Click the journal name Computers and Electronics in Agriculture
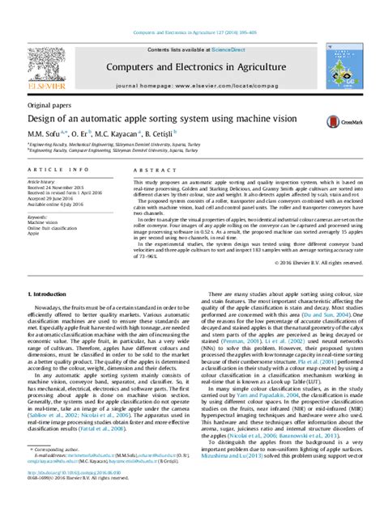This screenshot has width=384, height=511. click(192, 65)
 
